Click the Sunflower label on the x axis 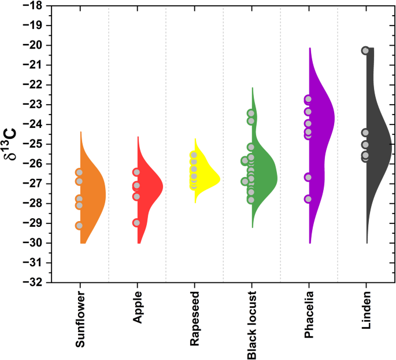click(79, 320)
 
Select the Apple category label click(136, 310)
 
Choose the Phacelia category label click(309, 317)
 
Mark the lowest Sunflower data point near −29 click(79, 226)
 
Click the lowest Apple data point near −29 click(136, 223)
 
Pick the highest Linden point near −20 click(365, 50)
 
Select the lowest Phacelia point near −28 click(309, 199)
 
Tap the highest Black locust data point click(251, 113)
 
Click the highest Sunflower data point click(79, 172)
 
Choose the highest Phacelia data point click(309, 99)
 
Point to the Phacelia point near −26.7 click(309, 177)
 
